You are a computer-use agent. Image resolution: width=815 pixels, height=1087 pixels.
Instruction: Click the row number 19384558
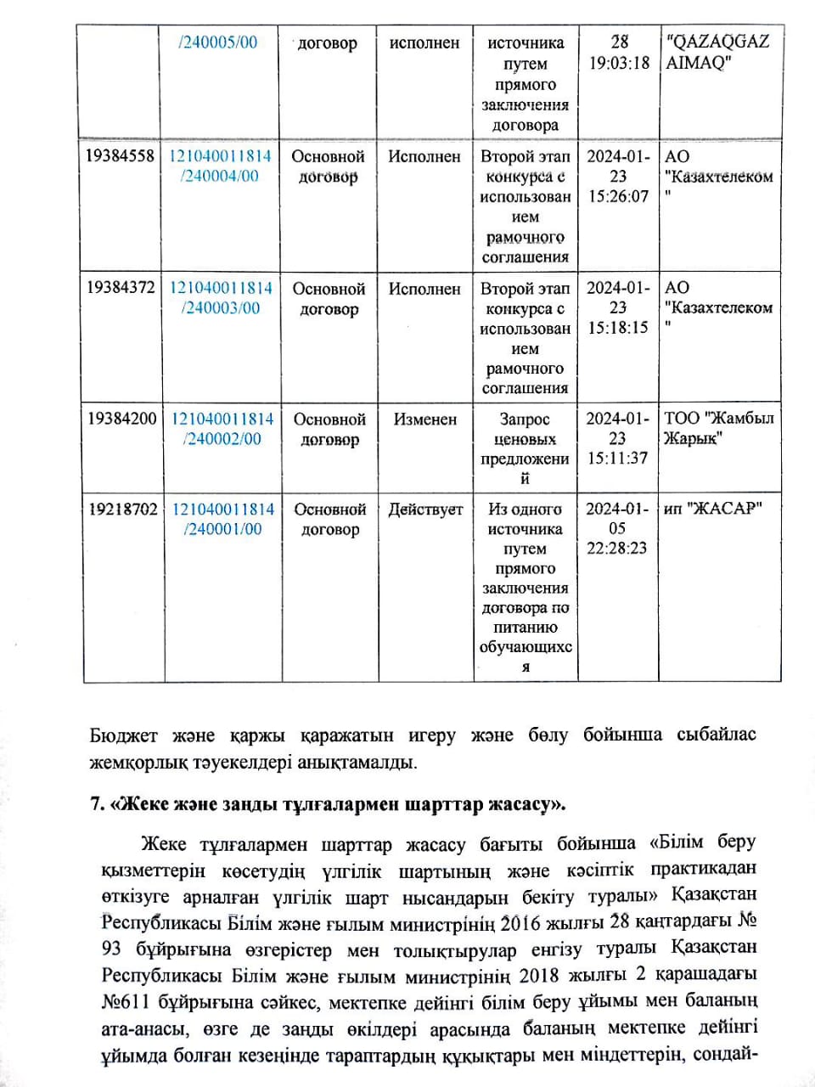click(x=121, y=156)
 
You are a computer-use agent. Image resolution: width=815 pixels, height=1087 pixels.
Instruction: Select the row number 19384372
click(x=121, y=288)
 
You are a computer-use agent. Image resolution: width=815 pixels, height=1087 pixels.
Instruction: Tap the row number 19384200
click(x=121, y=419)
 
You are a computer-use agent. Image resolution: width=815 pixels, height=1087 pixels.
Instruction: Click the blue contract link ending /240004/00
click(x=221, y=166)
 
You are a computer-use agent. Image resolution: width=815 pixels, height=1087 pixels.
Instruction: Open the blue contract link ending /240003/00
click(x=221, y=298)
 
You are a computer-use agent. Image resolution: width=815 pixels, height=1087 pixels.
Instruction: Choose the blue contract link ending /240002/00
click(x=222, y=429)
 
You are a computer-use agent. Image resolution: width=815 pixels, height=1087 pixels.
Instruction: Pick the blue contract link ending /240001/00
click(x=222, y=519)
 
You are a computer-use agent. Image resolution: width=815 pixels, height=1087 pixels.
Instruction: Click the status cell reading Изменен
click(x=424, y=420)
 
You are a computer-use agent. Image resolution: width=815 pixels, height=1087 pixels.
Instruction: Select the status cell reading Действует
click(x=425, y=510)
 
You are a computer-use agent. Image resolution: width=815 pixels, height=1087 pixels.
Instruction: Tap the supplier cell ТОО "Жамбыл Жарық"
click(x=718, y=428)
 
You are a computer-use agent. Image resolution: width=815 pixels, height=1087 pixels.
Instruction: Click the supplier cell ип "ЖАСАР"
click(x=712, y=509)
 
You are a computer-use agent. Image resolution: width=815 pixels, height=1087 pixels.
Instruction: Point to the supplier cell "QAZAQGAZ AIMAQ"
click(x=718, y=52)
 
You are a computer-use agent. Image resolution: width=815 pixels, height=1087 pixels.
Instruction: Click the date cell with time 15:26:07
click(x=618, y=176)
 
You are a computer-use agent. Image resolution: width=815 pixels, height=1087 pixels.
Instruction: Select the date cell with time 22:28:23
click(x=617, y=528)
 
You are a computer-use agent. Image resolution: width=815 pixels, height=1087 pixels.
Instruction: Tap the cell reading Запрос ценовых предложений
click(x=525, y=448)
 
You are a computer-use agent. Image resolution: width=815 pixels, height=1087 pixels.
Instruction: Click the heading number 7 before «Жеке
click(x=97, y=803)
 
